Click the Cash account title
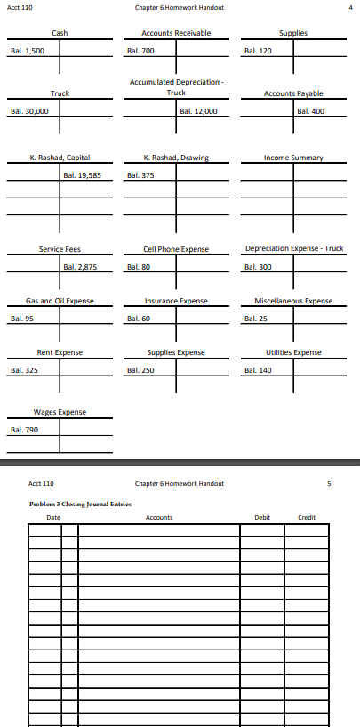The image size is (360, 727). (x=60, y=33)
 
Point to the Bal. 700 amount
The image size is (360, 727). (x=139, y=51)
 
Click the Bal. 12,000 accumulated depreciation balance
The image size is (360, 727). (x=198, y=111)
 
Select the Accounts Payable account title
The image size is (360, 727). (x=293, y=93)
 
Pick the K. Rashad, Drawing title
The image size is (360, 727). (x=176, y=158)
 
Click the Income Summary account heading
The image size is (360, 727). (x=293, y=158)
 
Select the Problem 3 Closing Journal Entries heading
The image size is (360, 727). (x=80, y=505)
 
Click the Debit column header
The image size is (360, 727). (x=261, y=517)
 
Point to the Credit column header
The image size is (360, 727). (x=307, y=517)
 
